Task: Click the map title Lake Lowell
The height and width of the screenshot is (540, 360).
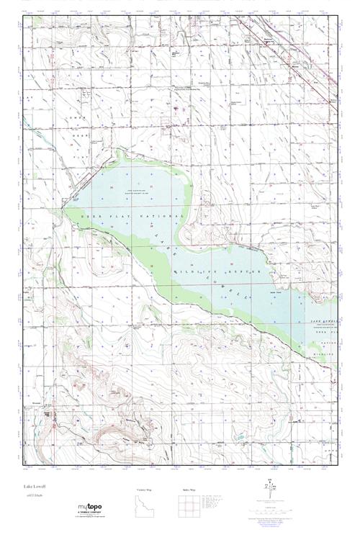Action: click(33, 487)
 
